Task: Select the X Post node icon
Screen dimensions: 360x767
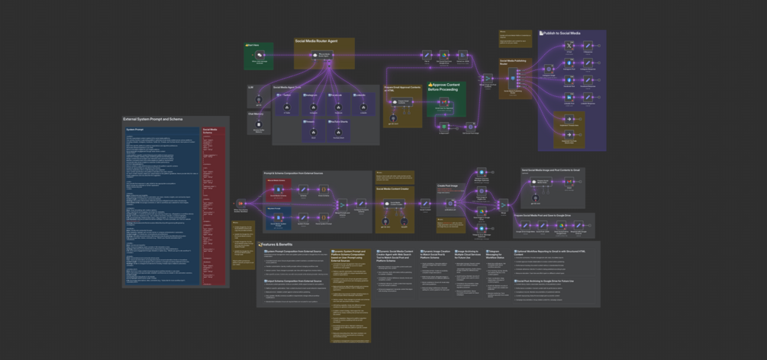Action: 569,47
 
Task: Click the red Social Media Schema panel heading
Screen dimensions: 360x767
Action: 212,131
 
